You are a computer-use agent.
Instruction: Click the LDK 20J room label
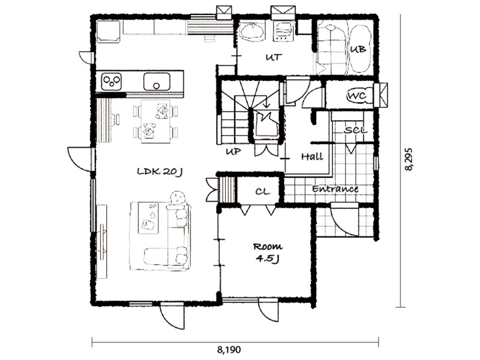[160, 172]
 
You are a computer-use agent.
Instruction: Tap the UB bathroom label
[358, 49]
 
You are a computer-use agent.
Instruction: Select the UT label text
[274, 57]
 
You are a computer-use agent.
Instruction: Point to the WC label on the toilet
[357, 96]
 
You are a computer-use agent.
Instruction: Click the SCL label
[355, 130]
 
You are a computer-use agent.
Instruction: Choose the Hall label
[312, 157]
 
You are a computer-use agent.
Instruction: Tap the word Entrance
[335, 188]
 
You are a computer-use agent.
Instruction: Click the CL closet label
[263, 192]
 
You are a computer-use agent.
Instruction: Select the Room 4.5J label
[268, 253]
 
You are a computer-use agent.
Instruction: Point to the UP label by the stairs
[233, 152]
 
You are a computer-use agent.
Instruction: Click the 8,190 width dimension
[229, 349]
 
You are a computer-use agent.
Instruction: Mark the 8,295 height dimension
[409, 160]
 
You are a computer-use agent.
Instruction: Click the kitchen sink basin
[157, 82]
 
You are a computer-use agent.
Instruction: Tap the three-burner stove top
[112, 82]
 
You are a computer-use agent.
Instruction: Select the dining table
[155, 121]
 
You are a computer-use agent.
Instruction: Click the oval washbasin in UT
[251, 31]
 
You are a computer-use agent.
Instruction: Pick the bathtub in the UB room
[360, 49]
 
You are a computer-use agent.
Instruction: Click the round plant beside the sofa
[177, 197]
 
